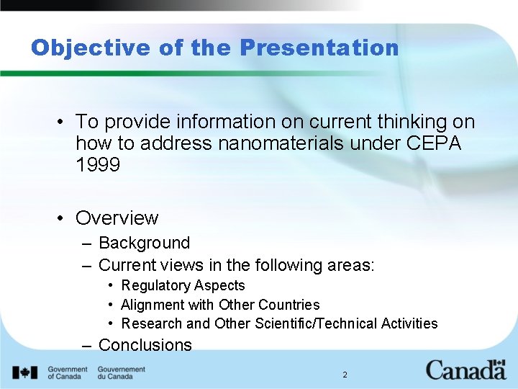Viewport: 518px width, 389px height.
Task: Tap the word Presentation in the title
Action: point(319,48)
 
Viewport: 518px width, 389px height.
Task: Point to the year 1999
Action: point(97,165)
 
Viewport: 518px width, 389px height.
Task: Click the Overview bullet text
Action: point(117,218)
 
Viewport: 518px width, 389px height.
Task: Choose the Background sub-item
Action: point(144,243)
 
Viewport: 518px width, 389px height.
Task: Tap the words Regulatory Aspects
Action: point(183,286)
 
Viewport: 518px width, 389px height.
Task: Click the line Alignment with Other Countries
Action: point(220,305)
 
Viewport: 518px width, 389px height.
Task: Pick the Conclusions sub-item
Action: point(145,345)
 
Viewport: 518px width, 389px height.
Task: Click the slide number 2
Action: point(345,375)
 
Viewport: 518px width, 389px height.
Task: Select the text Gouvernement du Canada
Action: point(121,372)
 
